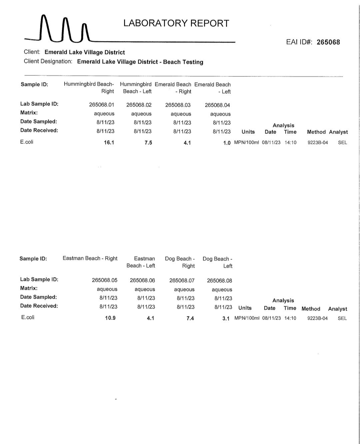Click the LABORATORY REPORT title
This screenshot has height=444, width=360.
coord(176,23)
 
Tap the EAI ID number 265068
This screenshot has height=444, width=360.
coord(328,42)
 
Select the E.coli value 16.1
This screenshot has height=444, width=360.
coord(109,142)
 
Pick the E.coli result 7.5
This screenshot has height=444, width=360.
coord(148,142)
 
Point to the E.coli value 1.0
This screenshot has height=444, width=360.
coord(227,143)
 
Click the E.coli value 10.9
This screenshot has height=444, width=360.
coord(110,318)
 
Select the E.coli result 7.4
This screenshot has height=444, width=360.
coord(190,318)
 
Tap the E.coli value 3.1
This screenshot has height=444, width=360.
coord(226,318)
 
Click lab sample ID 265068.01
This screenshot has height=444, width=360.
coord(102,105)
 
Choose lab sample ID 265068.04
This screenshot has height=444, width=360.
coord(217,105)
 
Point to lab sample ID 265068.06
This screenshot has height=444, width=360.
coord(142,280)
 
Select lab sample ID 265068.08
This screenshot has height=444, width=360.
coord(219,281)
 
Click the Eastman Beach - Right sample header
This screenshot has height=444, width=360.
coord(90,258)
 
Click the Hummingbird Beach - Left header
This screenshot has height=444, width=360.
coord(136,88)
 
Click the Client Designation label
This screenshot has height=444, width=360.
coord(48,61)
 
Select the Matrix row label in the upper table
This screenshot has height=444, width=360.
coord(29,113)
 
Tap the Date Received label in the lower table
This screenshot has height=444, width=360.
coord(39,306)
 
